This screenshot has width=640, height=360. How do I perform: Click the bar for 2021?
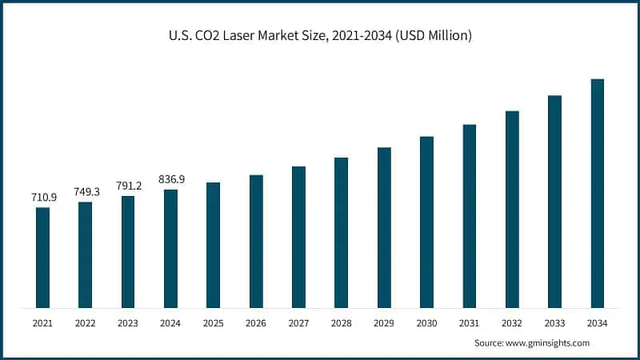[42, 258]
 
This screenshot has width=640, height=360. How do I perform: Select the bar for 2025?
[213, 245]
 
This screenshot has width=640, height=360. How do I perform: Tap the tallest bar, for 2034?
[597, 194]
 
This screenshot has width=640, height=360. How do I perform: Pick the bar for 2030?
[426, 222]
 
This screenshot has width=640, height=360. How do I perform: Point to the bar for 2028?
[341, 233]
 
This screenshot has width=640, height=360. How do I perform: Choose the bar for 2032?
[512, 210]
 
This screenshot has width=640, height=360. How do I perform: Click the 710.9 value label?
[42, 197]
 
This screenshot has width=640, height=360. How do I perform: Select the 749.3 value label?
[85, 192]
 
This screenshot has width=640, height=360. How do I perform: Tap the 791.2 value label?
[128, 186]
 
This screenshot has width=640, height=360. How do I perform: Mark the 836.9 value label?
[170, 179]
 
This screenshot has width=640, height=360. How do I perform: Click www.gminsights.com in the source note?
[549, 342]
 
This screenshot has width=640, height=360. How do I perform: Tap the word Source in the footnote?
[489, 342]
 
